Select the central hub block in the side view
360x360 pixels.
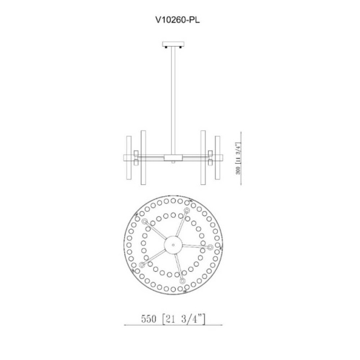174,158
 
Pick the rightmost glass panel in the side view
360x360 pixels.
218,158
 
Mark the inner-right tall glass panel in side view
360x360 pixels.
203,158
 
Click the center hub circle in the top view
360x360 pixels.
173,245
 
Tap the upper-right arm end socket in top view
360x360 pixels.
187,211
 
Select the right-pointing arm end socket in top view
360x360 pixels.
210,247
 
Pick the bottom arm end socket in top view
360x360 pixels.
182,281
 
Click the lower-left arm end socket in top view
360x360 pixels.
142,265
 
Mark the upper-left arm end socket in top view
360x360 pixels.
145,221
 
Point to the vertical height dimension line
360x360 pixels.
243,158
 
